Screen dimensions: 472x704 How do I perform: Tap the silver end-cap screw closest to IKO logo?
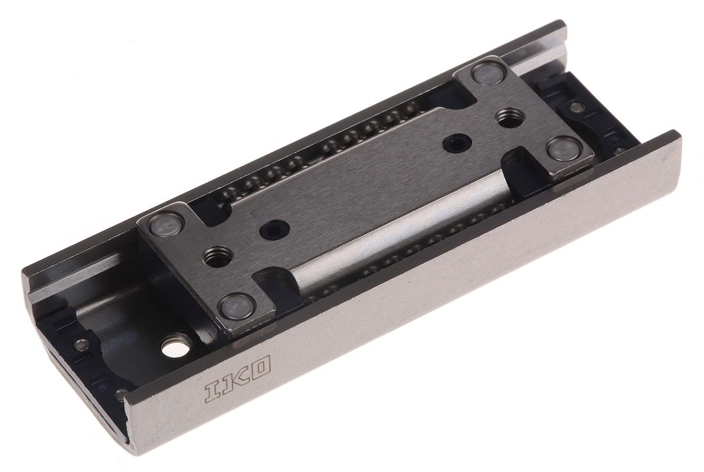point(123,394)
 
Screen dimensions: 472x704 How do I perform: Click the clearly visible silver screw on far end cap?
point(577,106)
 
